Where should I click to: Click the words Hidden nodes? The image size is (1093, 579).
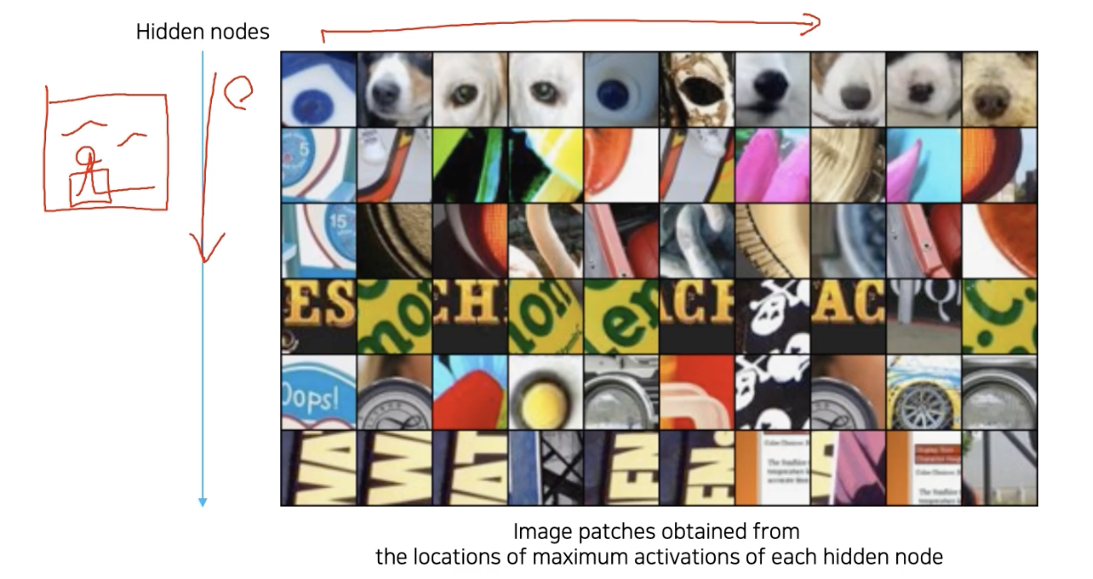pos(202,33)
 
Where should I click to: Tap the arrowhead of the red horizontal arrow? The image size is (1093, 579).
pos(814,25)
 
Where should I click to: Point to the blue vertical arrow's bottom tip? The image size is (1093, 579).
pos(202,504)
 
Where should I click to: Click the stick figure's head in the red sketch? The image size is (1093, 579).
pos(83,157)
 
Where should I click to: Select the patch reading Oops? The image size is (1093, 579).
pos(318,392)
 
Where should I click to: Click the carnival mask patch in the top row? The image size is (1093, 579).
pos(696,89)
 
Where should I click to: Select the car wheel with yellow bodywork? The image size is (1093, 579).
pos(923,392)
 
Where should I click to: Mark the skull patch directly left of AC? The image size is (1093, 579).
pos(772,316)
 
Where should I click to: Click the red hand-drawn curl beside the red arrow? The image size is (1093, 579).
pos(237,92)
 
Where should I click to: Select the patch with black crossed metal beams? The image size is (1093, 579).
pos(545,468)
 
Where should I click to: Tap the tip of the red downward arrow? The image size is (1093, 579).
pos(205,259)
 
